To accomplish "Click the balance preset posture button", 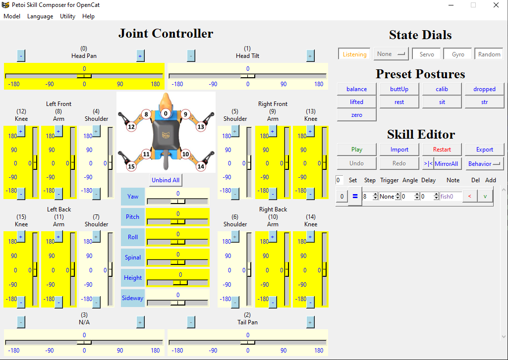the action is [x=356, y=89].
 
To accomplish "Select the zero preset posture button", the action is [x=356, y=115].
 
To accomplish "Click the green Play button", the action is [x=356, y=150].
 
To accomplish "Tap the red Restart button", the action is [x=442, y=150].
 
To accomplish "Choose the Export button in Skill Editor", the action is [x=484, y=150].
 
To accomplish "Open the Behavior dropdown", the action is [x=484, y=164].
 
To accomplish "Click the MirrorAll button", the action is [x=447, y=164].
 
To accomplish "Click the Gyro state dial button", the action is [x=458, y=54].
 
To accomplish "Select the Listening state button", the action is [x=354, y=54].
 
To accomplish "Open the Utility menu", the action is [x=67, y=16].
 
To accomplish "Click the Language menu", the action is [x=40, y=16].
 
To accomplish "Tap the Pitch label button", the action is [x=132, y=217].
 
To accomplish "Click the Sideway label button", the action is [x=132, y=298].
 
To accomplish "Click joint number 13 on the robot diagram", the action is [x=201, y=127].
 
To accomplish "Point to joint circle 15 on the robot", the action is [x=131, y=166].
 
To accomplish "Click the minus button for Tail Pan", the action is [x=191, y=322].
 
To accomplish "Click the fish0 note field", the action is [x=451, y=197].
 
